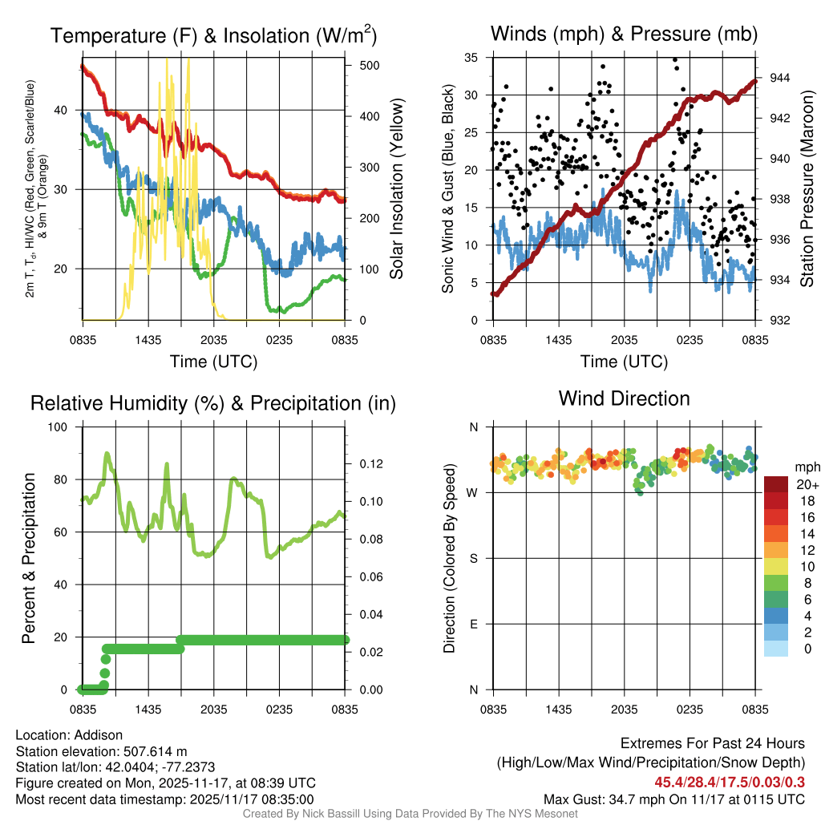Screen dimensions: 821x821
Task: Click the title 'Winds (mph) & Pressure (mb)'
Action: coord(624,34)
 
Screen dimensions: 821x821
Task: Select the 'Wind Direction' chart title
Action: coord(624,398)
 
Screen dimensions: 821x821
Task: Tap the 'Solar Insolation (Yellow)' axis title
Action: coord(396,189)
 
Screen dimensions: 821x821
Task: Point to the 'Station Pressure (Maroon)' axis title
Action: coord(807,189)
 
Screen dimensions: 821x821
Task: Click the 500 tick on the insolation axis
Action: coord(369,65)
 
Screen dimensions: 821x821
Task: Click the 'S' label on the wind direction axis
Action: coord(473,558)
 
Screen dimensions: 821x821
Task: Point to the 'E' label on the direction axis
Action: coord(473,624)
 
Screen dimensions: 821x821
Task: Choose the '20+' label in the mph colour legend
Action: coord(806,484)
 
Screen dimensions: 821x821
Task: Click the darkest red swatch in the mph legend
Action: coord(775,484)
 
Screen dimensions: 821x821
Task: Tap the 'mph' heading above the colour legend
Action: coord(806,467)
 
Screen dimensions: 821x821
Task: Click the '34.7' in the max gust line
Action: coord(621,799)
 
